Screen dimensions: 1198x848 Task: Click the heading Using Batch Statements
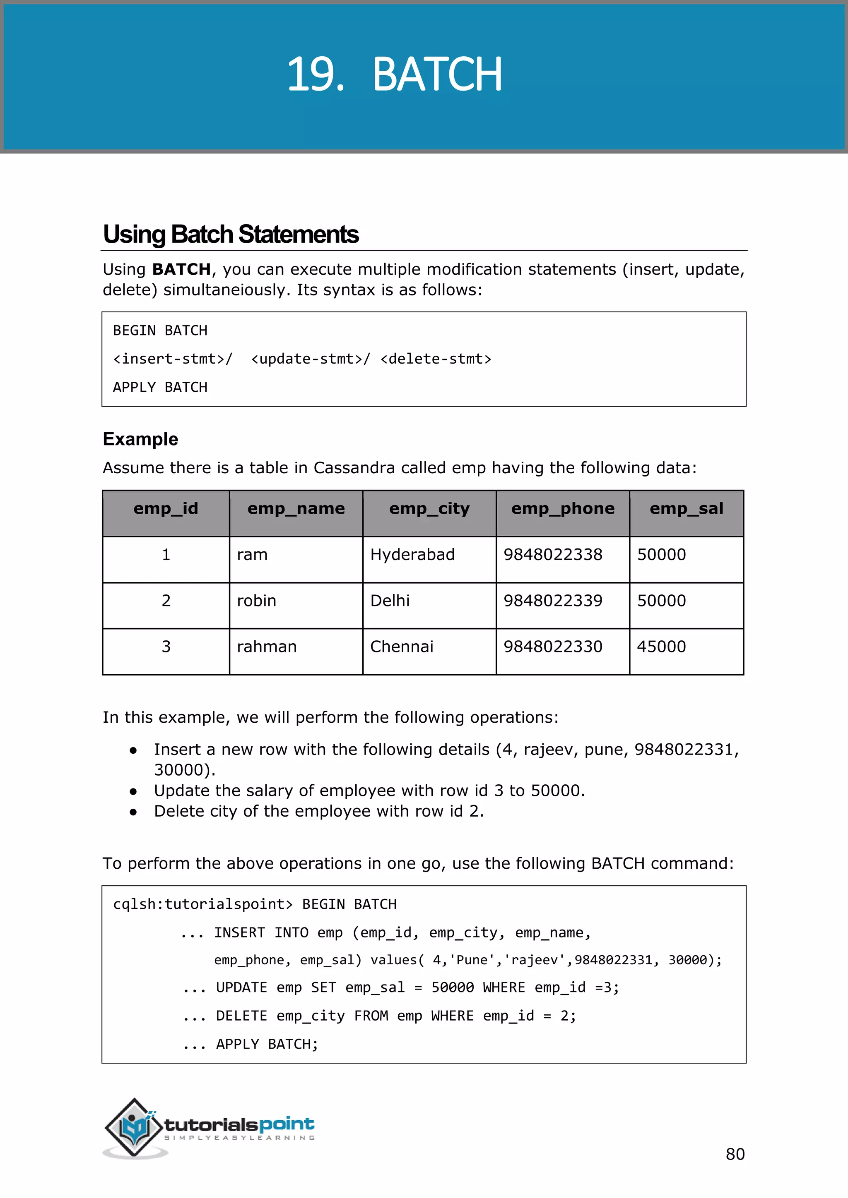click(231, 234)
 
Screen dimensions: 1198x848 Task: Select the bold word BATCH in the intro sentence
click(181, 269)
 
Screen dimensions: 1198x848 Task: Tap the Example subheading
click(140, 439)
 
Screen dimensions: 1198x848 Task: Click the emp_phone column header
click(562, 509)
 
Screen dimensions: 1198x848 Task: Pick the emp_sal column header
click(686, 509)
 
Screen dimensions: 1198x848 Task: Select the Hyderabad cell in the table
click(412, 555)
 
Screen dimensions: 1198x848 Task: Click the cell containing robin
click(256, 601)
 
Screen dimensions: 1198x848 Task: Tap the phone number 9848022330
click(552, 647)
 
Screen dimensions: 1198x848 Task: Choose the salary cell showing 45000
click(661, 647)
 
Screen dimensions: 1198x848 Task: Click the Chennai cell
click(402, 647)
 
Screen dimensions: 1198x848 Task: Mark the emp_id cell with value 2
click(166, 601)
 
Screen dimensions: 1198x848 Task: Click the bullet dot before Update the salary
click(133, 791)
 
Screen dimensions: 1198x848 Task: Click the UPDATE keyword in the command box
click(241, 988)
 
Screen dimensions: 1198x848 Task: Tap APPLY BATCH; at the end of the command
click(267, 1044)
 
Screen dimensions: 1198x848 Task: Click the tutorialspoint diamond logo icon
click(134, 1127)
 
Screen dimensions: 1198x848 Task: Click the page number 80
click(735, 1154)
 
